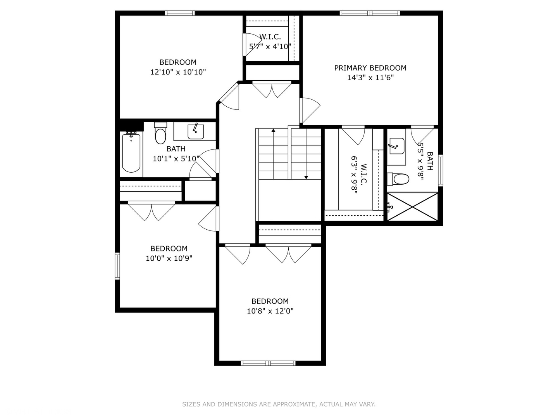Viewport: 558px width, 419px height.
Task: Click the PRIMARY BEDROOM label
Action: (370, 68)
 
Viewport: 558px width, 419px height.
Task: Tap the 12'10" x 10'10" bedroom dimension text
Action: (178, 72)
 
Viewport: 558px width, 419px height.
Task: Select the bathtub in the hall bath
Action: (131, 153)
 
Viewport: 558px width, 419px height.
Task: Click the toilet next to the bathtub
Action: (160, 133)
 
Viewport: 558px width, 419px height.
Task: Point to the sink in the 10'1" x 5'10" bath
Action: (195, 132)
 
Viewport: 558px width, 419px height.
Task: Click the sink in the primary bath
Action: (396, 146)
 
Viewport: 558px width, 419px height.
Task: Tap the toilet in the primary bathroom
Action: (398, 179)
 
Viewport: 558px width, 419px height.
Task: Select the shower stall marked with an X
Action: (412, 206)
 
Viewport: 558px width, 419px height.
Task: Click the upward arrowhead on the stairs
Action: (273, 130)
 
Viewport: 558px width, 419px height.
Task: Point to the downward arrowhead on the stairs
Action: (307, 177)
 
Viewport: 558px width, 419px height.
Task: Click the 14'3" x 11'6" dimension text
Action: (370, 78)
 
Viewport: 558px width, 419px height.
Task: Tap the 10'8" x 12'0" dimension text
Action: (270, 311)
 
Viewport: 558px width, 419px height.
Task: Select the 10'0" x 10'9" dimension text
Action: (169, 258)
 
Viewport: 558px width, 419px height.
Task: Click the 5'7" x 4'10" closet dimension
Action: (270, 47)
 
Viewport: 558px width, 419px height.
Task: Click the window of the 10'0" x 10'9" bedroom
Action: (117, 266)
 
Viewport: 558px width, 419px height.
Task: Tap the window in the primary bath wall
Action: (441, 170)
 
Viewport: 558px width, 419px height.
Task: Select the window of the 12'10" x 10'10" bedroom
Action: (180, 13)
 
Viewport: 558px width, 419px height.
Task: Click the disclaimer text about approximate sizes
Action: (279, 404)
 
